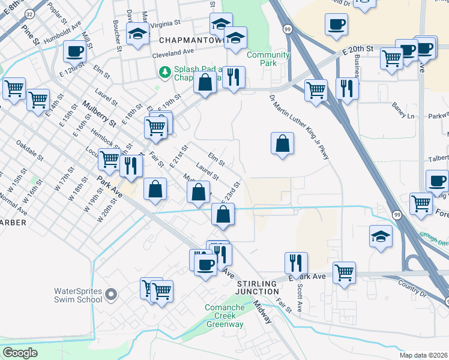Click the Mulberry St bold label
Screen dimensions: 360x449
(99, 114)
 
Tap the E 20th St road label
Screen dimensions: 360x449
(358, 49)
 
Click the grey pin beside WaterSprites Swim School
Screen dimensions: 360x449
(110, 294)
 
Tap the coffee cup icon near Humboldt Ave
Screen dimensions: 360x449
(75, 51)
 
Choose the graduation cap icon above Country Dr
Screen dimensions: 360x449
(381, 236)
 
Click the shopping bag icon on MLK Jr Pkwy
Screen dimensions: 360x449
(282, 143)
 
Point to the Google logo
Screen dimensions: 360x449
(20, 353)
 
